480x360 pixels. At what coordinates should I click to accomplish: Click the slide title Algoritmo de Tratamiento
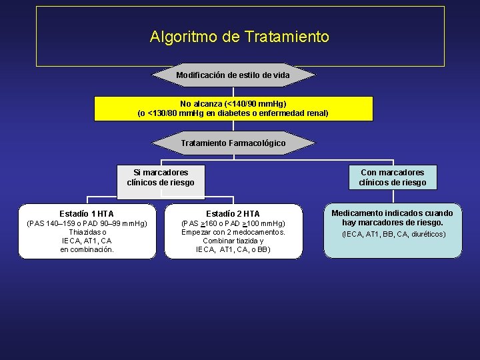point(239,37)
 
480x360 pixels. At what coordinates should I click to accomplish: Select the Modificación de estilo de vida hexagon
point(233,75)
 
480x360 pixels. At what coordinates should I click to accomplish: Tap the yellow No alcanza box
point(233,109)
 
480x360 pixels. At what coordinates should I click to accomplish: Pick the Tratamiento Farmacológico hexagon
point(233,143)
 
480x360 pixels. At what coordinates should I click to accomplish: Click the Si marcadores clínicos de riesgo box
point(161,178)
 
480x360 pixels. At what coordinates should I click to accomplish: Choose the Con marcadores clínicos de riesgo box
point(392,177)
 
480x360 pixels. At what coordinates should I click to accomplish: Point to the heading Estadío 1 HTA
point(87,213)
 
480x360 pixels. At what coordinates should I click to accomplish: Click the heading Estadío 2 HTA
point(233,213)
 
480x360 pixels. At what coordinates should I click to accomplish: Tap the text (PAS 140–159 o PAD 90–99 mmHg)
point(87,223)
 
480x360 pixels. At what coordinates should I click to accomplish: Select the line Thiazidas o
point(87,232)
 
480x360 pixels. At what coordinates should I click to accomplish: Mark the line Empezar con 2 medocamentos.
point(233,232)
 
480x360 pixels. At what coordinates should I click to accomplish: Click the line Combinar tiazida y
point(233,241)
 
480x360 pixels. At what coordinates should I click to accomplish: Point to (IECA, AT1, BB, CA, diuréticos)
point(393,235)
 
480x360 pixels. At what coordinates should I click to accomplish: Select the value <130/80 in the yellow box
point(165,113)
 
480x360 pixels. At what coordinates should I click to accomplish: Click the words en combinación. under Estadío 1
point(87,249)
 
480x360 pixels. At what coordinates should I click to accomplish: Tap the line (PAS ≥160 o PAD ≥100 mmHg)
point(233,223)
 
